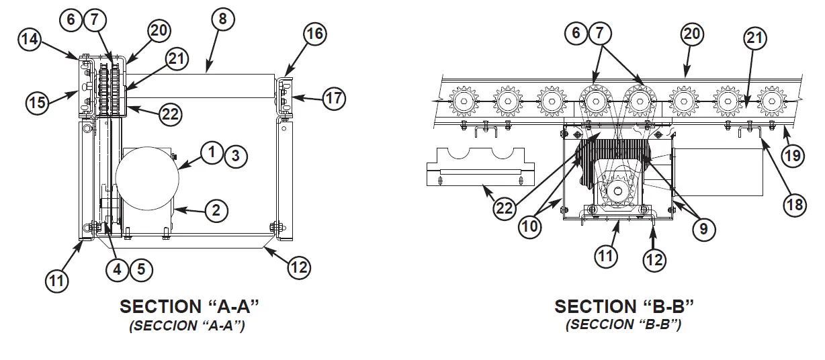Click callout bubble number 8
(x=222, y=19)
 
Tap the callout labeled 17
(x=334, y=99)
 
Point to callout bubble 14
(x=30, y=39)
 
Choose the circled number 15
(x=38, y=103)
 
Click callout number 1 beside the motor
(x=212, y=154)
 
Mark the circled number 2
(x=216, y=211)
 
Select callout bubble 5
(x=141, y=270)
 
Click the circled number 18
(x=795, y=204)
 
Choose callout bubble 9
(x=703, y=229)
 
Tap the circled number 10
(x=530, y=226)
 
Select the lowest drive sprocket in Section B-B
(x=617, y=192)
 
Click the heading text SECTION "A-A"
(x=189, y=307)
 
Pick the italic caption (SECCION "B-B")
(x=623, y=325)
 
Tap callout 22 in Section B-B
(x=505, y=208)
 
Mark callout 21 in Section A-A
(x=175, y=59)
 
